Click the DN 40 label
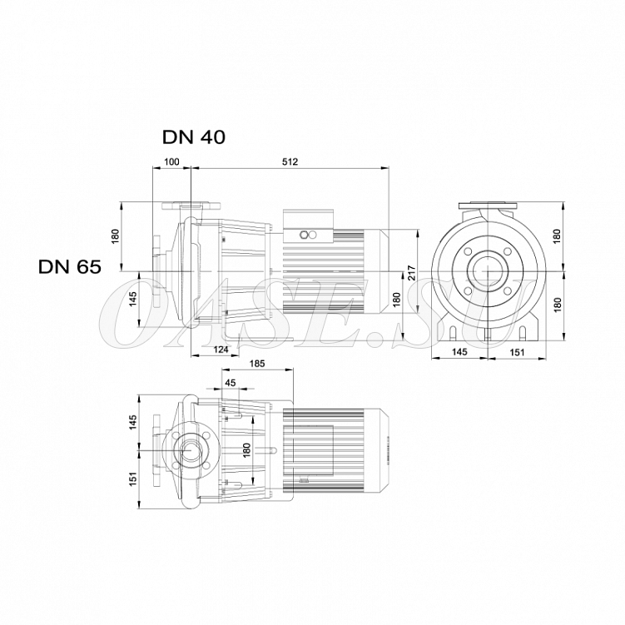click(x=194, y=137)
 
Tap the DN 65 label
click(x=70, y=266)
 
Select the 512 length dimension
click(x=290, y=161)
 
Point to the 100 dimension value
click(x=171, y=161)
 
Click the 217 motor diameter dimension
click(x=412, y=273)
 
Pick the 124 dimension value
click(x=221, y=350)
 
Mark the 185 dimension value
click(x=257, y=364)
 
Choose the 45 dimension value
click(x=231, y=383)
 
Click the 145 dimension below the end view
click(x=459, y=352)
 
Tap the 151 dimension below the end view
click(x=517, y=352)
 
